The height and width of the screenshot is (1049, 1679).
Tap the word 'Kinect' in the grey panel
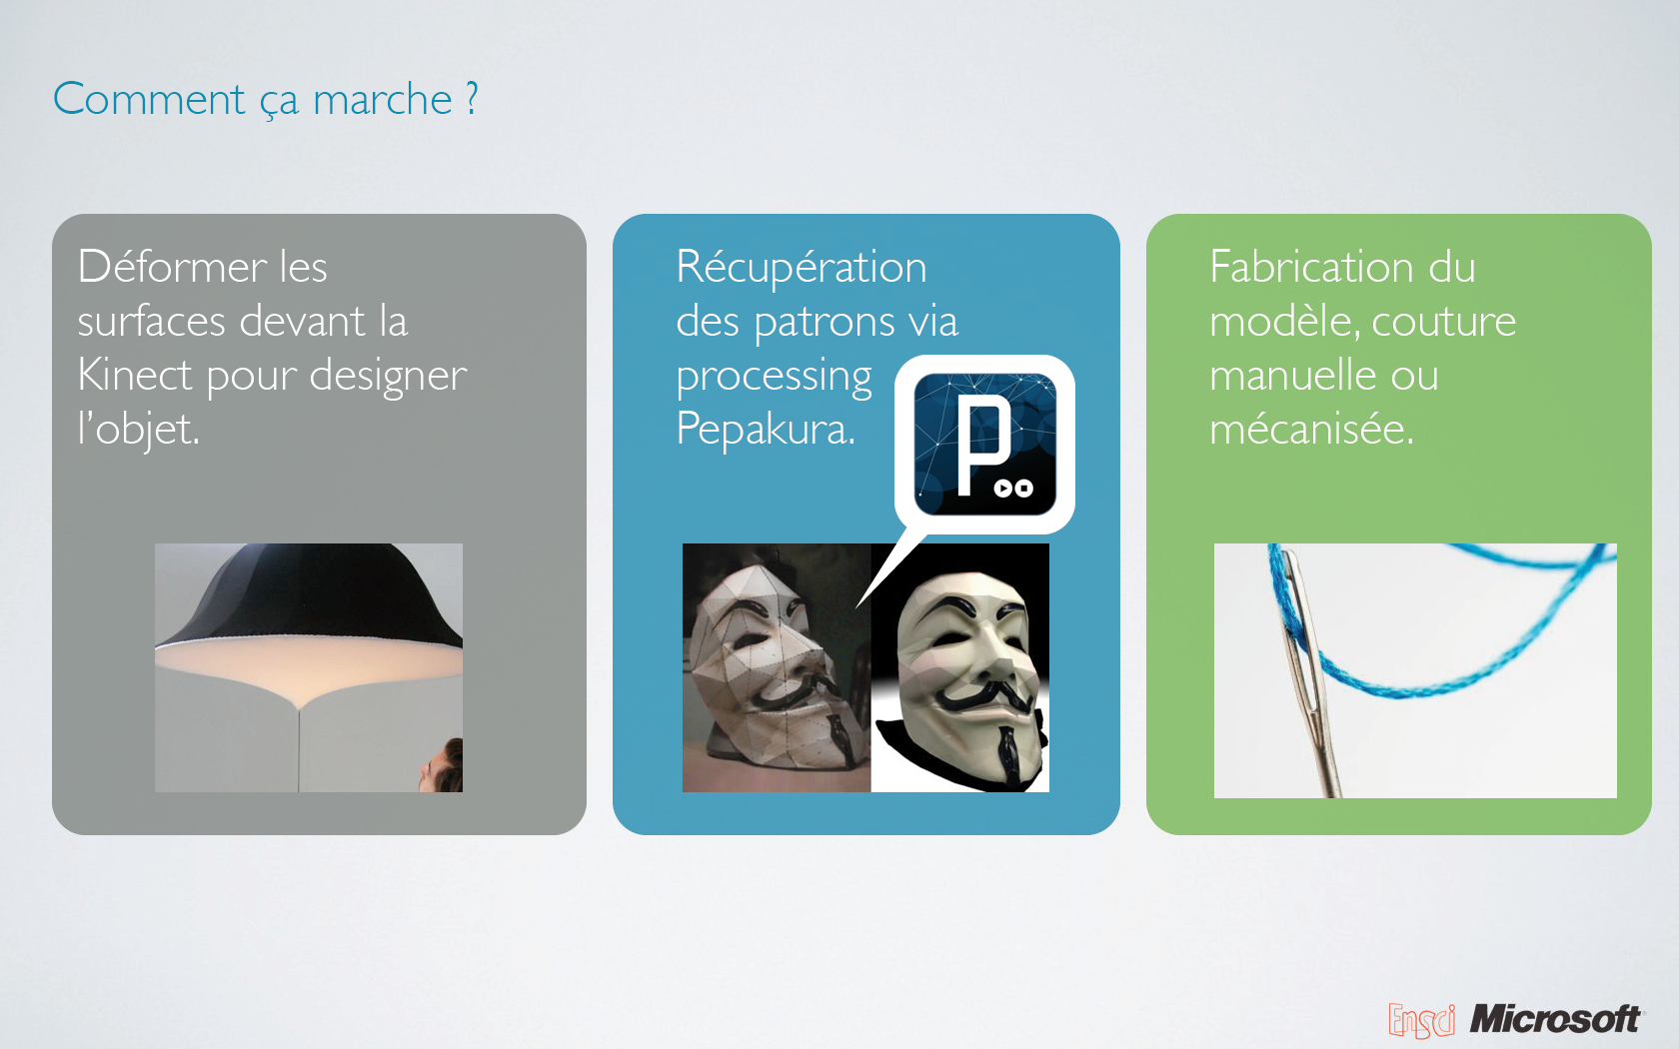coord(135,375)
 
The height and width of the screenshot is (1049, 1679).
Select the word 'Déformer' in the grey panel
coord(172,267)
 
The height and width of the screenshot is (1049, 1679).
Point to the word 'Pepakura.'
coord(766,430)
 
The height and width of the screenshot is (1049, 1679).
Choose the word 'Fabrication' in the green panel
coord(1311,267)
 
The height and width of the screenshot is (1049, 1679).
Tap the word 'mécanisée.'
coord(1311,430)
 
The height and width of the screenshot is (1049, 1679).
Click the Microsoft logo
coord(1556,1019)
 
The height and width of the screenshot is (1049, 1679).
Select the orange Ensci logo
coord(1421,1021)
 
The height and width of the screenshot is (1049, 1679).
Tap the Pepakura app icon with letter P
coord(985,445)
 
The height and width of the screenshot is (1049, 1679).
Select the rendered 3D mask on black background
coord(963,674)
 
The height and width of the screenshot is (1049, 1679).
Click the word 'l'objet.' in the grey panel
coord(139,430)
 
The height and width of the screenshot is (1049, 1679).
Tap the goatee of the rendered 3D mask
coord(1006,749)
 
